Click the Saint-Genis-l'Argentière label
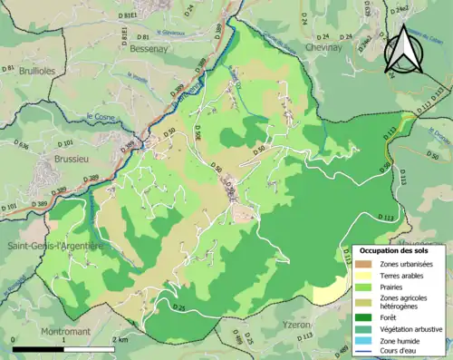[51, 246]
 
